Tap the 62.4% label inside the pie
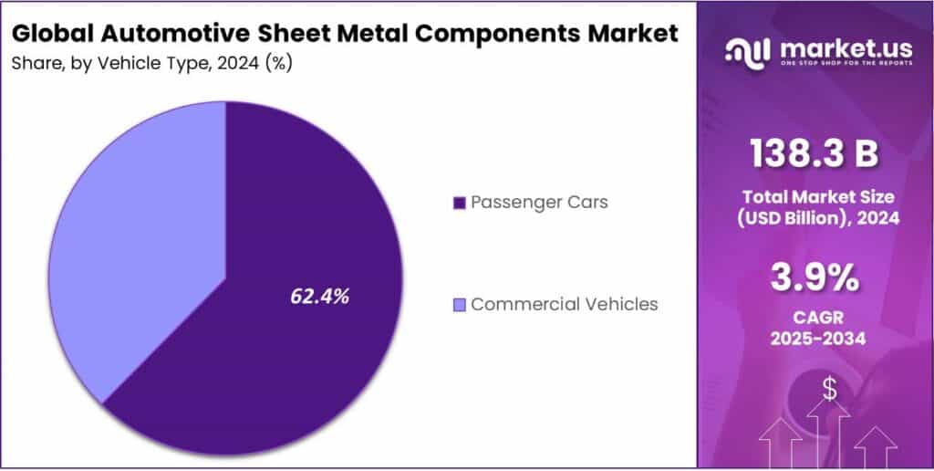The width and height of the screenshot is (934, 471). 319,296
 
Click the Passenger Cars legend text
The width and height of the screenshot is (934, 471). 539,202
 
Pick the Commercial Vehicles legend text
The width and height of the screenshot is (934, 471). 564,304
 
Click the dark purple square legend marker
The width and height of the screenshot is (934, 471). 459,203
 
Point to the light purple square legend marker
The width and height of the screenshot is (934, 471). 459,305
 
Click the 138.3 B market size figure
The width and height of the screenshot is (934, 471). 815,154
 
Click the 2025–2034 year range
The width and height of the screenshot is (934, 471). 815,340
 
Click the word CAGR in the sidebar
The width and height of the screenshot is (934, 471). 815,319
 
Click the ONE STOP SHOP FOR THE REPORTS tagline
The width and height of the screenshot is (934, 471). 837,65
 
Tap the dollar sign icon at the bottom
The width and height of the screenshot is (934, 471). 829,389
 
